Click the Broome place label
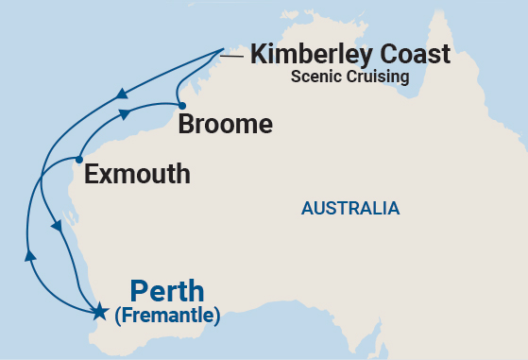click(226, 124)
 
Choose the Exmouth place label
click(137, 174)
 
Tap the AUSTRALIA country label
click(350, 208)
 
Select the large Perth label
click(167, 291)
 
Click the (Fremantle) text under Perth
click(167, 316)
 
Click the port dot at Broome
click(181, 106)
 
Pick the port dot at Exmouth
click(79, 160)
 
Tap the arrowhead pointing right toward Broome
click(126, 114)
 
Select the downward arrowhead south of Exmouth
click(57, 227)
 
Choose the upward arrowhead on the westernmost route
click(30, 254)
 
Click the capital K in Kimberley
click(258, 54)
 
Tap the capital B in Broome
click(186, 124)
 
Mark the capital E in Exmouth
click(91, 174)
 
